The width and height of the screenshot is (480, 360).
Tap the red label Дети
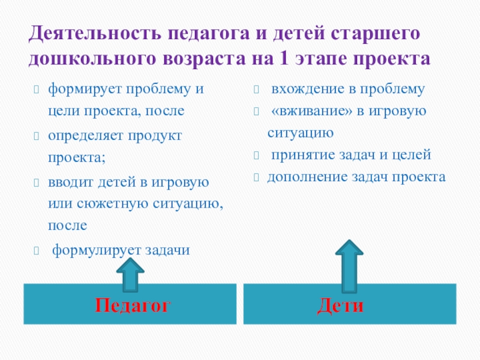340,305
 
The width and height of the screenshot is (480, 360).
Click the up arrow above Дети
349,264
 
